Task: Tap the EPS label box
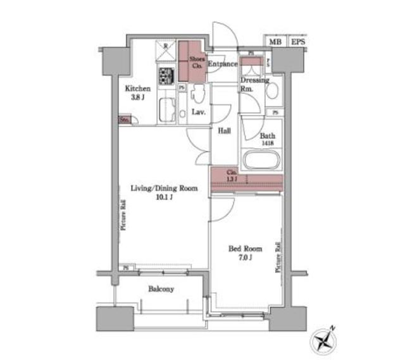point(297,42)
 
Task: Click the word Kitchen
point(137,89)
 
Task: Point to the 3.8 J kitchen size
point(137,97)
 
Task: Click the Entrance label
point(222,64)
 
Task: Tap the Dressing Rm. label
point(254,84)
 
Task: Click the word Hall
point(224,131)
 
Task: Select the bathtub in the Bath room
point(261,161)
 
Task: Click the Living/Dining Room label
point(164,188)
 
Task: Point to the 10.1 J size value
point(164,197)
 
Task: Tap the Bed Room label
point(241,249)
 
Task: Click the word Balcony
point(161,289)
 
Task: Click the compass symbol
point(323,340)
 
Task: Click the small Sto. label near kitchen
point(125,119)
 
